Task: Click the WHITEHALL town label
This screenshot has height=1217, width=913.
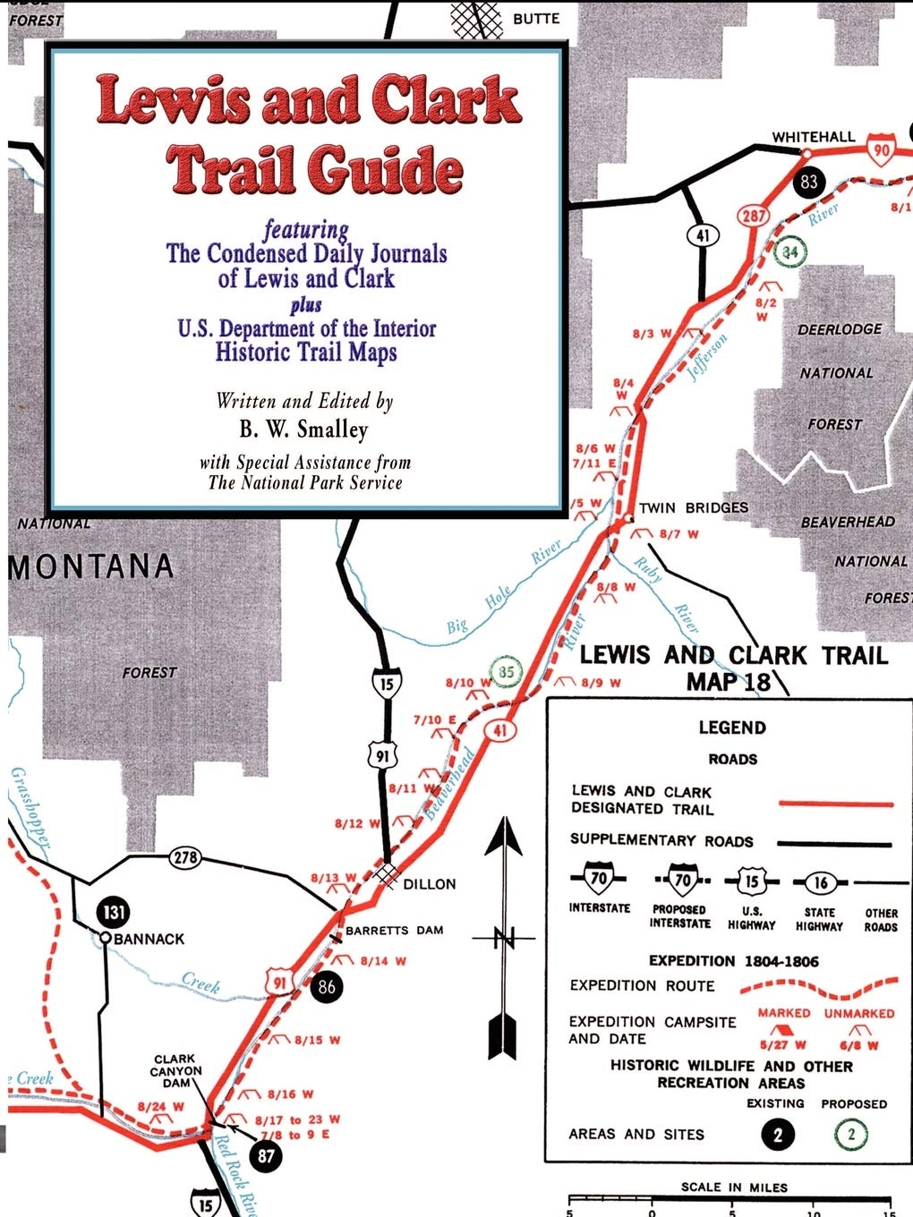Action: (813, 137)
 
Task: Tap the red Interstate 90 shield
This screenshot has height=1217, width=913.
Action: (882, 150)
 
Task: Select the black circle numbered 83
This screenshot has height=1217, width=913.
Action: (808, 183)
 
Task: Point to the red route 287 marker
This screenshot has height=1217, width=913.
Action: (755, 216)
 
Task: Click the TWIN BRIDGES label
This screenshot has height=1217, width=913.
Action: (693, 507)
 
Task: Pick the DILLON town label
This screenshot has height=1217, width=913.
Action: (430, 883)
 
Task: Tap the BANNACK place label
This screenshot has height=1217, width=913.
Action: (149, 939)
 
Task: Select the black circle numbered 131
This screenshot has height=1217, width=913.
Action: (114, 913)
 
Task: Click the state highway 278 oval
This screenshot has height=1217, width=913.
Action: (185, 858)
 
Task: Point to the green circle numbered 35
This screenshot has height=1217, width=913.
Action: (507, 672)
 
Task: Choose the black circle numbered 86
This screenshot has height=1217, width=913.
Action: (327, 987)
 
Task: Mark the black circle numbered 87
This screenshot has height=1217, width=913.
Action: (266, 1155)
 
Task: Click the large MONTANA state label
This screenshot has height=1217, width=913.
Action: (91, 566)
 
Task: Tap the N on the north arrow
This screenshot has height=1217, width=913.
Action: (507, 939)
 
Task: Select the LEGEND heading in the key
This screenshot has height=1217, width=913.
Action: (732, 728)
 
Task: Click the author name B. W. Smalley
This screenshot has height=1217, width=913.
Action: (303, 430)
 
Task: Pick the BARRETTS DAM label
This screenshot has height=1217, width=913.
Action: (394, 930)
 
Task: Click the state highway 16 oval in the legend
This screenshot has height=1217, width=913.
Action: (820, 882)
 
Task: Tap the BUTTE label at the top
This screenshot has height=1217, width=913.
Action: (536, 18)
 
